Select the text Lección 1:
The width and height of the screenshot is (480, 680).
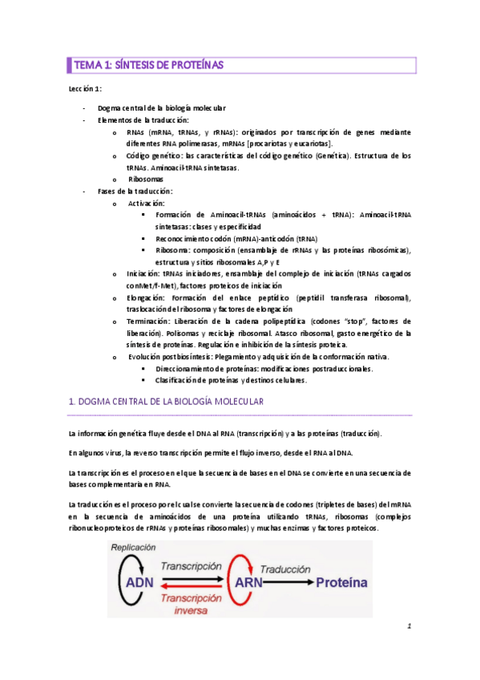[x=85, y=88]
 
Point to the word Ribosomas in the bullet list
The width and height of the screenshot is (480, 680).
[x=147, y=180]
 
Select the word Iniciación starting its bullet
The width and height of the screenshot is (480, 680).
[x=143, y=273]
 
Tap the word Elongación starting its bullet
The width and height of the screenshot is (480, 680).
[x=145, y=297]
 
